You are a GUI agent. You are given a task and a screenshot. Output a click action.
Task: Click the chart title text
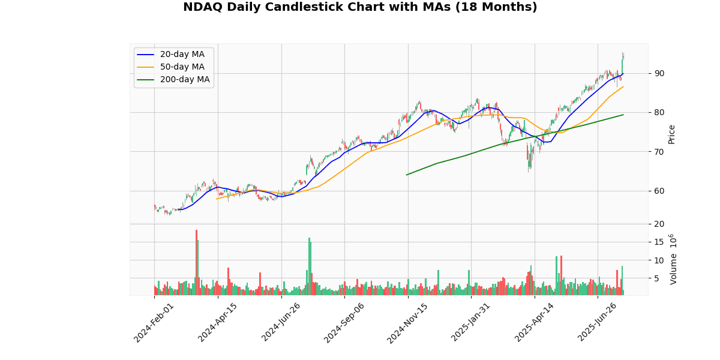(360, 7)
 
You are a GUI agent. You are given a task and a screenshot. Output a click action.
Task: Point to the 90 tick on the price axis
(659, 73)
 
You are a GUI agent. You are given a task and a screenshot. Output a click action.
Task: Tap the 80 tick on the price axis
(659, 112)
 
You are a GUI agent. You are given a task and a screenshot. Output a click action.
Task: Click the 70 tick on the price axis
(659, 151)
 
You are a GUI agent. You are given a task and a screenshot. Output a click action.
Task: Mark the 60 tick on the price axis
(659, 191)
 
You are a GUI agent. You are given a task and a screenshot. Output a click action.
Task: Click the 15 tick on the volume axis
(659, 242)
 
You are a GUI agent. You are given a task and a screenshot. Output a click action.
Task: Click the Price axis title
(671, 134)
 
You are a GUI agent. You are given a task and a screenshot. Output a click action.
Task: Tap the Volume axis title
(673, 259)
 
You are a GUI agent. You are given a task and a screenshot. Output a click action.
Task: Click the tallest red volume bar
(196, 262)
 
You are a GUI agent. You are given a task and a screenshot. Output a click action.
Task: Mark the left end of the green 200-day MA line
(406, 175)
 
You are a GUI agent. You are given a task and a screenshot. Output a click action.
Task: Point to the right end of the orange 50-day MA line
(623, 86)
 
